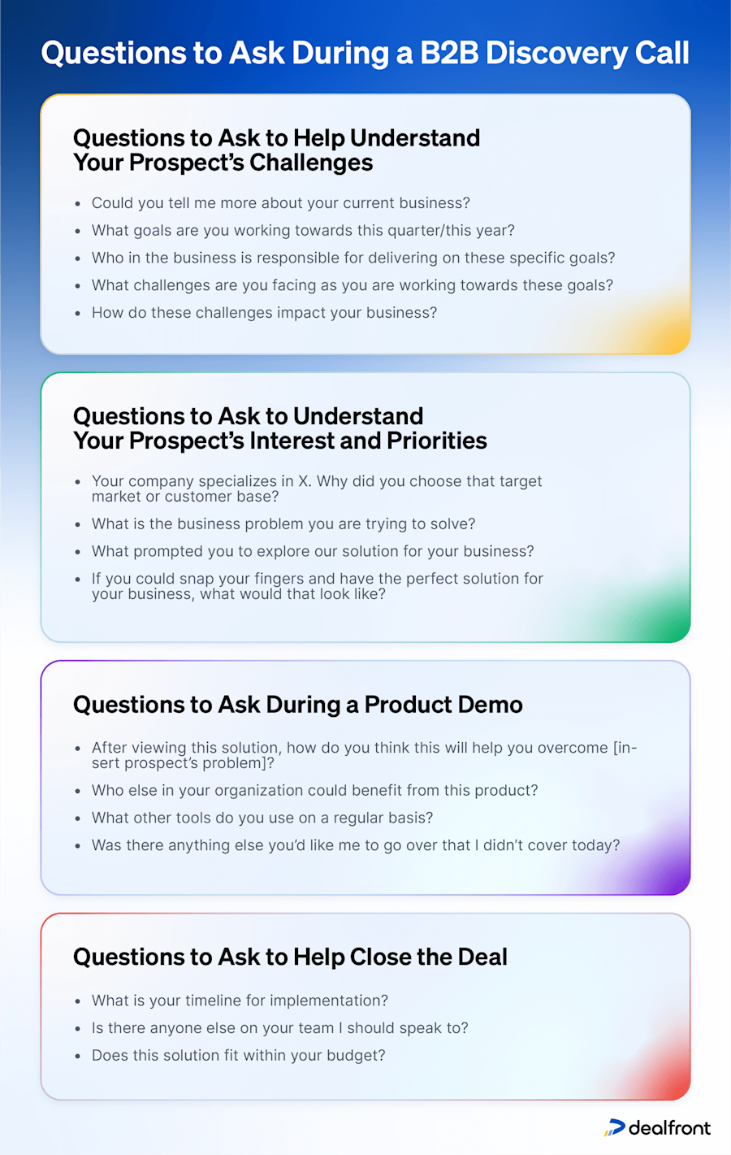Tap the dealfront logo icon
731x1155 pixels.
[615, 1127]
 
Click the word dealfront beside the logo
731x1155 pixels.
[669, 1127]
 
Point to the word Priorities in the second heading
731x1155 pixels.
[436, 441]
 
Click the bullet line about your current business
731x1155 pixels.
[280, 203]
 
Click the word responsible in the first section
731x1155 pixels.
[309, 258]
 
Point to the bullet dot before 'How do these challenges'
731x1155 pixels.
[78, 314]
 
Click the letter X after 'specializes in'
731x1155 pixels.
[304, 481]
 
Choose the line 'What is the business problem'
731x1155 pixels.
[283, 524]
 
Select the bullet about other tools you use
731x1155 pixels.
[262, 818]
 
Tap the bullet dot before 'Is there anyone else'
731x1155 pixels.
[78, 1029]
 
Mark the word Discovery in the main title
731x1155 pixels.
[556, 53]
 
